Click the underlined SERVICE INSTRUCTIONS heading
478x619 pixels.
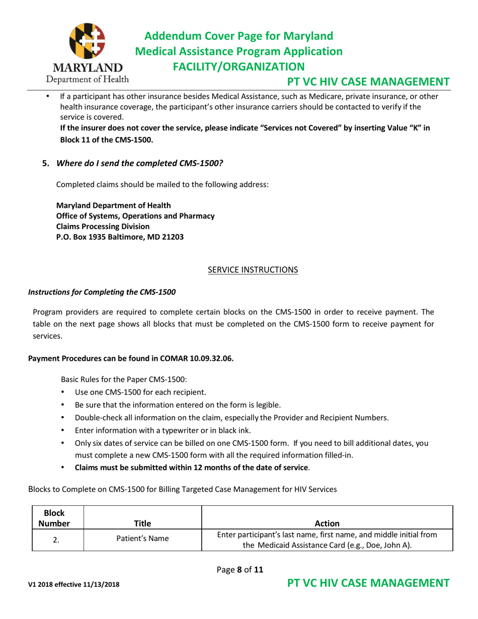tap(253, 270)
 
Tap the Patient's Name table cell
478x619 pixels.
tap(142, 539)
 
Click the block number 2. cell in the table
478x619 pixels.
tap(56, 539)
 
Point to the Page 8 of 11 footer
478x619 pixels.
tap(240, 570)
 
